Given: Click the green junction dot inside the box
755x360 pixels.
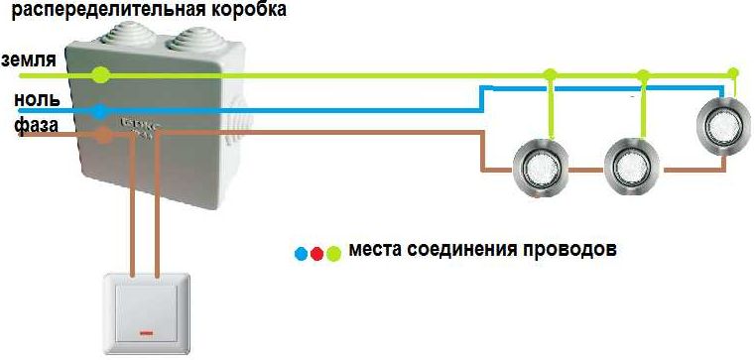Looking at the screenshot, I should (x=99, y=74).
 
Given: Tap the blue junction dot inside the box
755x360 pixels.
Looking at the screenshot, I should (x=98, y=111).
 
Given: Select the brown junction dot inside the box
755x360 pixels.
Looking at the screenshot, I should (x=102, y=136).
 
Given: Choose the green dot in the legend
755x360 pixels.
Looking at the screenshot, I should (x=332, y=254).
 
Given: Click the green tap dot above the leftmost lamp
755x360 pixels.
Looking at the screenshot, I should (x=551, y=74).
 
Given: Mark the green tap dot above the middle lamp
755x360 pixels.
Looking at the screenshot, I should (x=643, y=74).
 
